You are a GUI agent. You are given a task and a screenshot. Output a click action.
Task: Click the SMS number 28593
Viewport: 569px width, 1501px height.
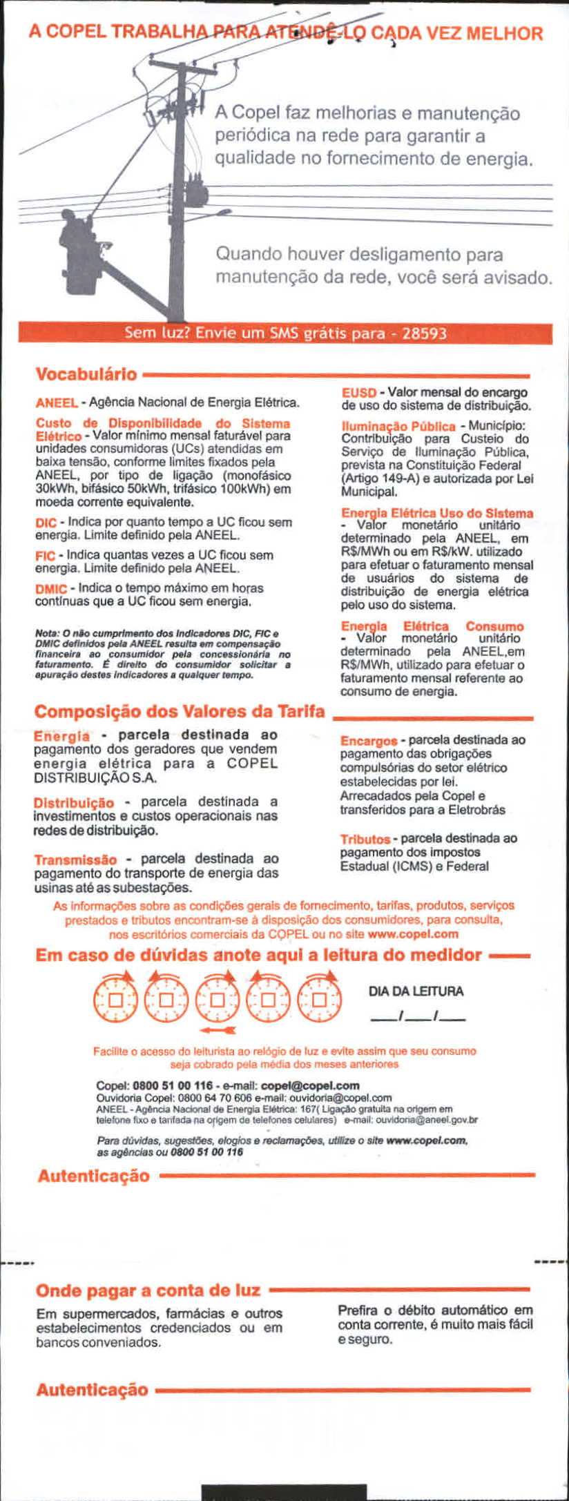coord(424,334)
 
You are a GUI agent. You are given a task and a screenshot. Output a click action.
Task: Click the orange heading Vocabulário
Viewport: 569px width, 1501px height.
coord(86,374)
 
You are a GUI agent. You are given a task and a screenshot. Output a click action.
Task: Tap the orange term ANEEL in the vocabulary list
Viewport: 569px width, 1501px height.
coord(57,403)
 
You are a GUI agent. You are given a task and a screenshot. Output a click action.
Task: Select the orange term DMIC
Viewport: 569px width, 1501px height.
coord(51,589)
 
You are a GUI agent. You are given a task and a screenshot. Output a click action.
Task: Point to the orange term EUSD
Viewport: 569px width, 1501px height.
coord(358,393)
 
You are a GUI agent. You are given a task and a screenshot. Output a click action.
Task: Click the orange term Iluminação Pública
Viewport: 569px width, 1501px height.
coord(398,426)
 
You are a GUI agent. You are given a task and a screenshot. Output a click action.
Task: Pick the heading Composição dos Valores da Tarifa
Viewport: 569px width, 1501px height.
coord(180,711)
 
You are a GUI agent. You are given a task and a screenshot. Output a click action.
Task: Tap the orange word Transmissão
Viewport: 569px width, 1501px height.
coord(76,860)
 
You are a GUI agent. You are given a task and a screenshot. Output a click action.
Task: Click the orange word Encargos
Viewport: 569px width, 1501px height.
coord(369,741)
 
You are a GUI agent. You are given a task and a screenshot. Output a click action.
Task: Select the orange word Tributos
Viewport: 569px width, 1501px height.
coord(365,839)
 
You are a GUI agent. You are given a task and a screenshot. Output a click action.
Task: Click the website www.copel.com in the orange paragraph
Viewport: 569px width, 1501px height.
coord(413,934)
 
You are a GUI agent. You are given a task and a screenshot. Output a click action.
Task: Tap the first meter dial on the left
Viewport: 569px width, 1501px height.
coord(115,999)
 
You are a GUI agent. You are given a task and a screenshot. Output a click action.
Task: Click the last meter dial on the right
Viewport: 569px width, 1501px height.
coord(319,999)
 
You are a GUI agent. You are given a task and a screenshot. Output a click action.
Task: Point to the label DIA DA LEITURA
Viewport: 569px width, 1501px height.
coord(416,991)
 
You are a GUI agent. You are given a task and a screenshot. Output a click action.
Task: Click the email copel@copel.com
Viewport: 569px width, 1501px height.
coord(311,1085)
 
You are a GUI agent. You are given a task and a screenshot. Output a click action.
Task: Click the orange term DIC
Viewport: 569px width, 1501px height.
coord(45,523)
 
